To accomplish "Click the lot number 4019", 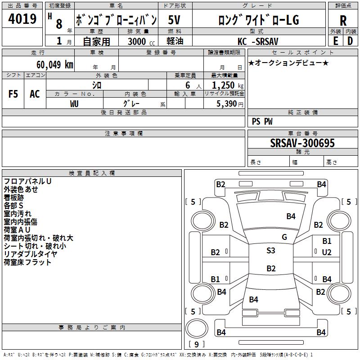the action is (22, 18).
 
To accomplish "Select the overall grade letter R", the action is (343, 21).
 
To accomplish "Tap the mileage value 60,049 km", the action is (55, 65).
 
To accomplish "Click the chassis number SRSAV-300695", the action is (302, 143).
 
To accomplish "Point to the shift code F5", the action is (13, 94).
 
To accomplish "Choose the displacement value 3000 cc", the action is (141, 41).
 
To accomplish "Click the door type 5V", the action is (174, 20).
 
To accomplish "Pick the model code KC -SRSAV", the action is (258, 41).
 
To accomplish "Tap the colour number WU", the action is (74, 104).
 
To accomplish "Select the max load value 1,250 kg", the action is (228, 85).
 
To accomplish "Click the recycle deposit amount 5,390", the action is (229, 104).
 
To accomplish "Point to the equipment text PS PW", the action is (262, 121).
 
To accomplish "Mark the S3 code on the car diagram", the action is (271, 251).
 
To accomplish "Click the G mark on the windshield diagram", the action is (284, 237).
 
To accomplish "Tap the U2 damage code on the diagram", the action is (327, 252).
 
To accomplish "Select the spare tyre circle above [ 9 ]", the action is (197, 328).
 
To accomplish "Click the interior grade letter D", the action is (350, 41).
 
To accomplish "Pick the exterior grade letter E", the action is (335, 41).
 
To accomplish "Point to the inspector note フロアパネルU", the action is (27, 181).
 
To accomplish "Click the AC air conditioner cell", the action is (35, 94).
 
